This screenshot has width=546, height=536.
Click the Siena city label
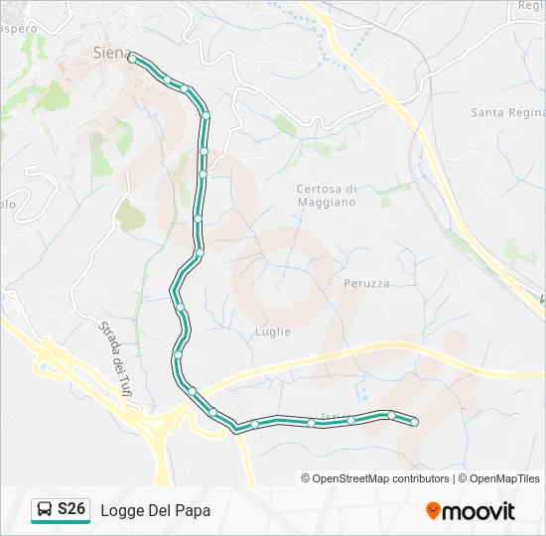[111, 53]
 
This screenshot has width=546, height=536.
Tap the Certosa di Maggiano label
[327, 196]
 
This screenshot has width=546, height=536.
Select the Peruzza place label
[366, 283]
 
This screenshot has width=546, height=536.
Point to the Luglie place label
[272, 332]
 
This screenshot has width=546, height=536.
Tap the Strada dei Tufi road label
[117, 363]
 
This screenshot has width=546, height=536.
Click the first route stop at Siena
[132, 59]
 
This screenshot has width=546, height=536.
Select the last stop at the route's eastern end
[414, 423]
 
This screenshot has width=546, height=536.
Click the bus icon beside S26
[44, 510]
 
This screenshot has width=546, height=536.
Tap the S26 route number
[71, 510]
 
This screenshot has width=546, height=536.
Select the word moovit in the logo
[479, 511]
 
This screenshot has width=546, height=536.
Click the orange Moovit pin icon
[434, 511]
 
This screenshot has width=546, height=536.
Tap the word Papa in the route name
[193, 511]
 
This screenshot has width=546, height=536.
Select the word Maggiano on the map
[327, 202]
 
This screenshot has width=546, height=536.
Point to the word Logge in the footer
[120, 511]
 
